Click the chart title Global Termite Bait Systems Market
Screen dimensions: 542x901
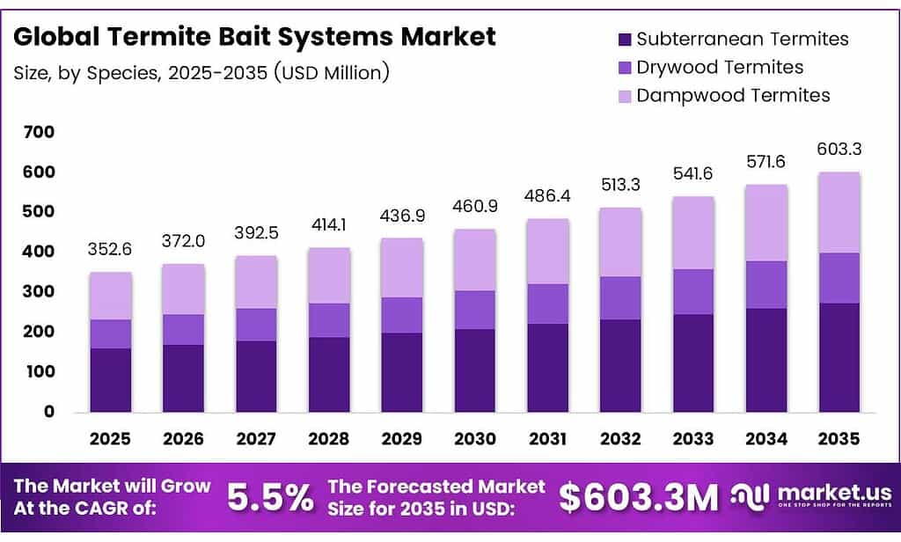[255, 37]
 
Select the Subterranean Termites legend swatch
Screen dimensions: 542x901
[625, 39]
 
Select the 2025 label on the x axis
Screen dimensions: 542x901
[110, 438]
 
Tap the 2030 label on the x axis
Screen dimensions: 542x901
[475, 438]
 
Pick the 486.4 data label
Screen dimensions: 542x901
[548, 195]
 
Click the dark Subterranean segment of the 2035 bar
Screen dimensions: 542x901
[839, 357]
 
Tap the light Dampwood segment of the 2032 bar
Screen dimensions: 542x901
[621, 242]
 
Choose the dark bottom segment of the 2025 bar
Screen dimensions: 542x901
[110, 380]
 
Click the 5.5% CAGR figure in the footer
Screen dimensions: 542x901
[270, 497]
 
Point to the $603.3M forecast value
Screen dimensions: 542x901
[639, 497]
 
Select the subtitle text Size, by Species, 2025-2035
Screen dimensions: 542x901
[201, 73]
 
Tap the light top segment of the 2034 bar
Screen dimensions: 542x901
[766, 223]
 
